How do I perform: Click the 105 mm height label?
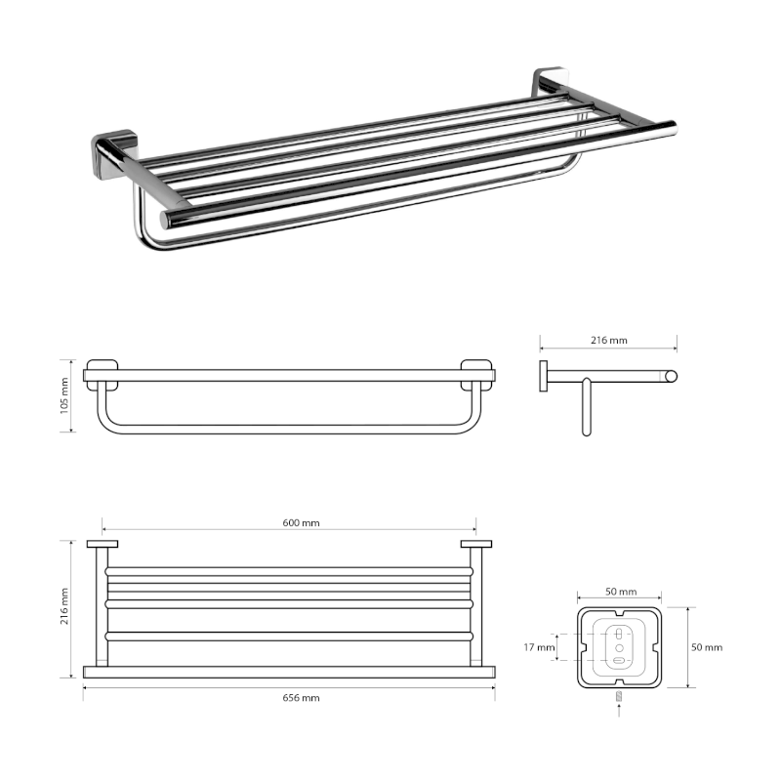tap(65, 396)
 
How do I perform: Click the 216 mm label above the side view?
tap(609, 341)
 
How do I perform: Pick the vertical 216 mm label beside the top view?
tap(65, 606)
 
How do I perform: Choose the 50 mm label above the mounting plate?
tap(620, 593)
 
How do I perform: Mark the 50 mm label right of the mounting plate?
tap(707, 647)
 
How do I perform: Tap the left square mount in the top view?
tap(102, 545)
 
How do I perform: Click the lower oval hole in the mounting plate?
tap(619, 661)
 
